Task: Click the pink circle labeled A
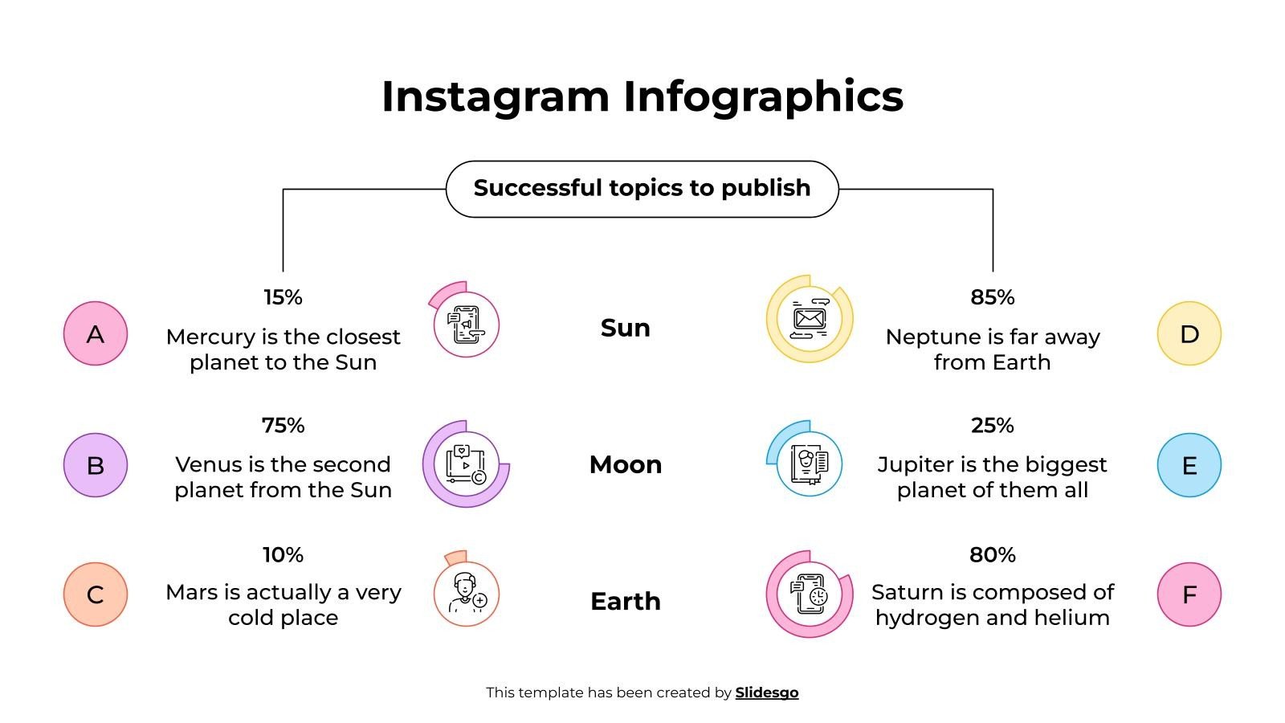96,333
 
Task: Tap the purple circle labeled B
96,465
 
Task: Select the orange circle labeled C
96,594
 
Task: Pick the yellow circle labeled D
1189,333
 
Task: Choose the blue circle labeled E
1189,465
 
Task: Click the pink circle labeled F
1189,594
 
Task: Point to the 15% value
283,297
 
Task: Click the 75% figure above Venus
283,425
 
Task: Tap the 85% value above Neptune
992,297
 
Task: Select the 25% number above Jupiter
992,425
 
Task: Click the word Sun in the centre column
625,328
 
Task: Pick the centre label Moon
625,464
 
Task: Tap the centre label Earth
625,601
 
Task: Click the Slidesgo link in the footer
766,692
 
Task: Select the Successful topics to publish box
642,189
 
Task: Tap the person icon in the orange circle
467,594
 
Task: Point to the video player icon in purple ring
466,464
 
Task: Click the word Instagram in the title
496,96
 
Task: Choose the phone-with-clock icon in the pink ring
809,594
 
